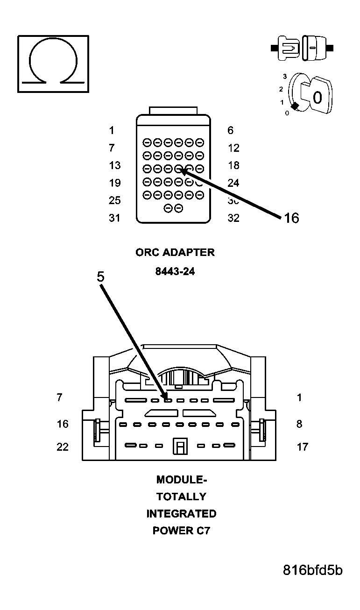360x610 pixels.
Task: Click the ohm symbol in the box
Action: tap(53, 64)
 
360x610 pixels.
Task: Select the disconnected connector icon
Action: tap(302, 48)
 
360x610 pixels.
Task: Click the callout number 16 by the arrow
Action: tap(291, 218)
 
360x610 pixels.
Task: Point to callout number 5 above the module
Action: tap(100, 277)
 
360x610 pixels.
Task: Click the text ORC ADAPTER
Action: tap(175, 252)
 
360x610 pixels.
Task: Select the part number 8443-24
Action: tap(175, 271)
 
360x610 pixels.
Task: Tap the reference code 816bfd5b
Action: tap(312, 570)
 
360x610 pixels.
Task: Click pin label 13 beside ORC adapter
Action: tap(114, 165)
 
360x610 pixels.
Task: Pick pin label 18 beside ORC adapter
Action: tap(233, 165)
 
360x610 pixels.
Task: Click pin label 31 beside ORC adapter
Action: tap(114, 218)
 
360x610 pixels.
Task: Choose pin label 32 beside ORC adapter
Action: tap(233, 218)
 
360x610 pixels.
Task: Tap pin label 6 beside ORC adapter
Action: tap(230, 131)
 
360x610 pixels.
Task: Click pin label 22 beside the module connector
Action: tap(63, 447)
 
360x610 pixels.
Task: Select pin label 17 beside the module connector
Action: tap(302, 447)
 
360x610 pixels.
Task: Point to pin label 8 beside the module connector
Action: tap(299, 424)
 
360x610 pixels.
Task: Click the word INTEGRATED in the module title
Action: tap(181, 514)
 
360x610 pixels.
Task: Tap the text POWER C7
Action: tap(181, 531)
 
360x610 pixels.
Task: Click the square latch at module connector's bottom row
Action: tap(179, 447)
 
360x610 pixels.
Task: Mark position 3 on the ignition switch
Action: tap(284, 76)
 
